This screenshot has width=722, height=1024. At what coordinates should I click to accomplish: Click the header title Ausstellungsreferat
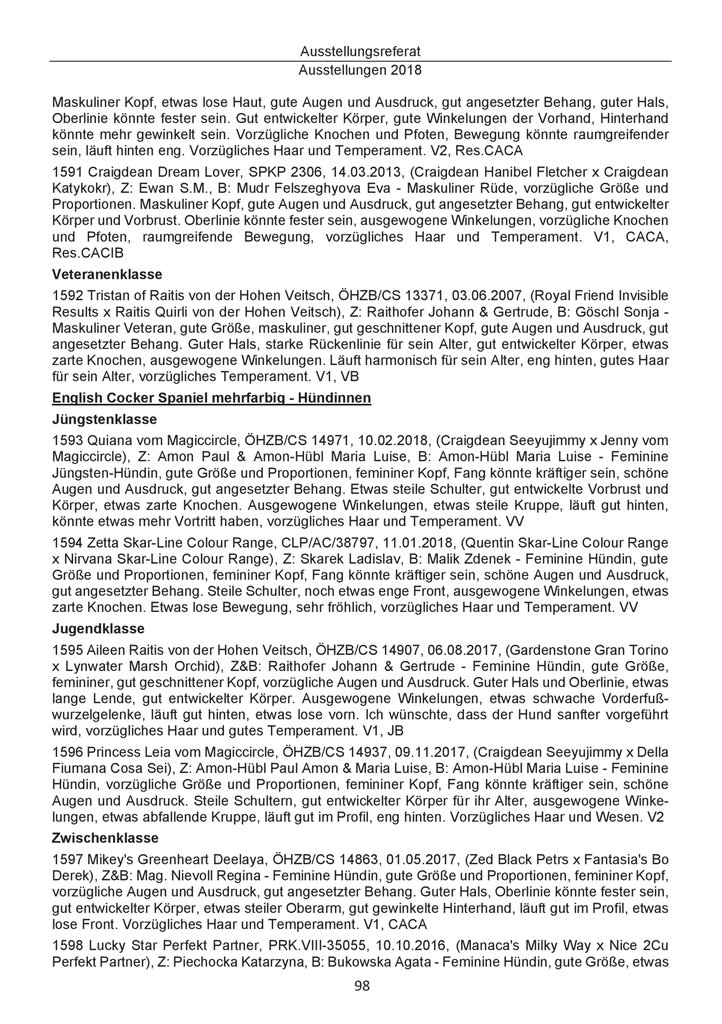coord(361,50)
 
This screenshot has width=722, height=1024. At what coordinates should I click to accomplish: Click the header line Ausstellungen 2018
coord(361,71)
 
